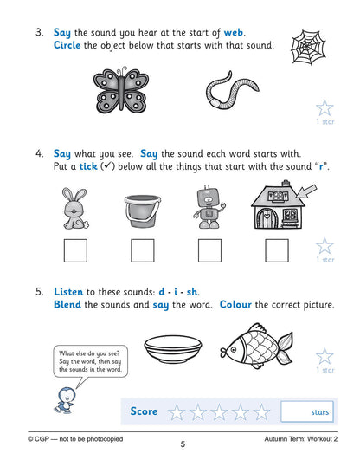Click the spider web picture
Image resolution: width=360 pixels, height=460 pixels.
[x=310, y=41]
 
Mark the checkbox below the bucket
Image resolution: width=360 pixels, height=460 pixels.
[x=142, y=251]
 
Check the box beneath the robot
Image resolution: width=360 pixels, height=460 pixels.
[x=209, y=251]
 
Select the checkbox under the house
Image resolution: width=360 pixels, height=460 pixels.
[x=276, y=251]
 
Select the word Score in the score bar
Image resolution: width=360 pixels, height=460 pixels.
[x=145, y=411]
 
